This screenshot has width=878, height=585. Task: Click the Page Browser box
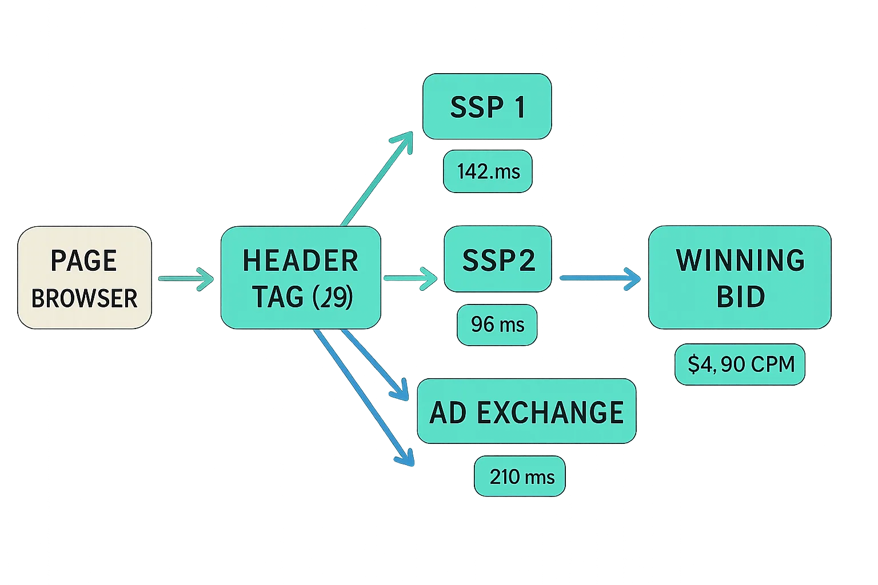pos(85,278)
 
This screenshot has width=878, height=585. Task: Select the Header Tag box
pos(301,278)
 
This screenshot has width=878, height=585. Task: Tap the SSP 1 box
pos(487,107)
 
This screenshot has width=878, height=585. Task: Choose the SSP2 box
pos(498,259)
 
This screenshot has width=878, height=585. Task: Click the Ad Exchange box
pos(526,411)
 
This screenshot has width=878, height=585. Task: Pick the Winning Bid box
pos(739,278)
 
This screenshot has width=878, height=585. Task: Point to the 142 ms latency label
pos(489,171)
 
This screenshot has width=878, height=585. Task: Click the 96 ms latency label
pos(497,324)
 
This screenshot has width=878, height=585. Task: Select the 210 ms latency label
pos(520,476)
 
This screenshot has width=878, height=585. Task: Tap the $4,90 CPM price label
pos(740,364)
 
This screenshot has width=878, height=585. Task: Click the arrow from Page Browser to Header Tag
pos(185,278)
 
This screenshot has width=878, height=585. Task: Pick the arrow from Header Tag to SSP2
pos(410,278)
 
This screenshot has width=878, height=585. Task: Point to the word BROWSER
pos(85,298)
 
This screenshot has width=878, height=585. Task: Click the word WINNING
pos(740,261)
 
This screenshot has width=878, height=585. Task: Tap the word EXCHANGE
pos(549,412)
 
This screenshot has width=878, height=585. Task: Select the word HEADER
pos(301,261)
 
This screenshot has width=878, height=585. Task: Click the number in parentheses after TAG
pos(333,297)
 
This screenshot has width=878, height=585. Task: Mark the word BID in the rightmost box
pos(740,297)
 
